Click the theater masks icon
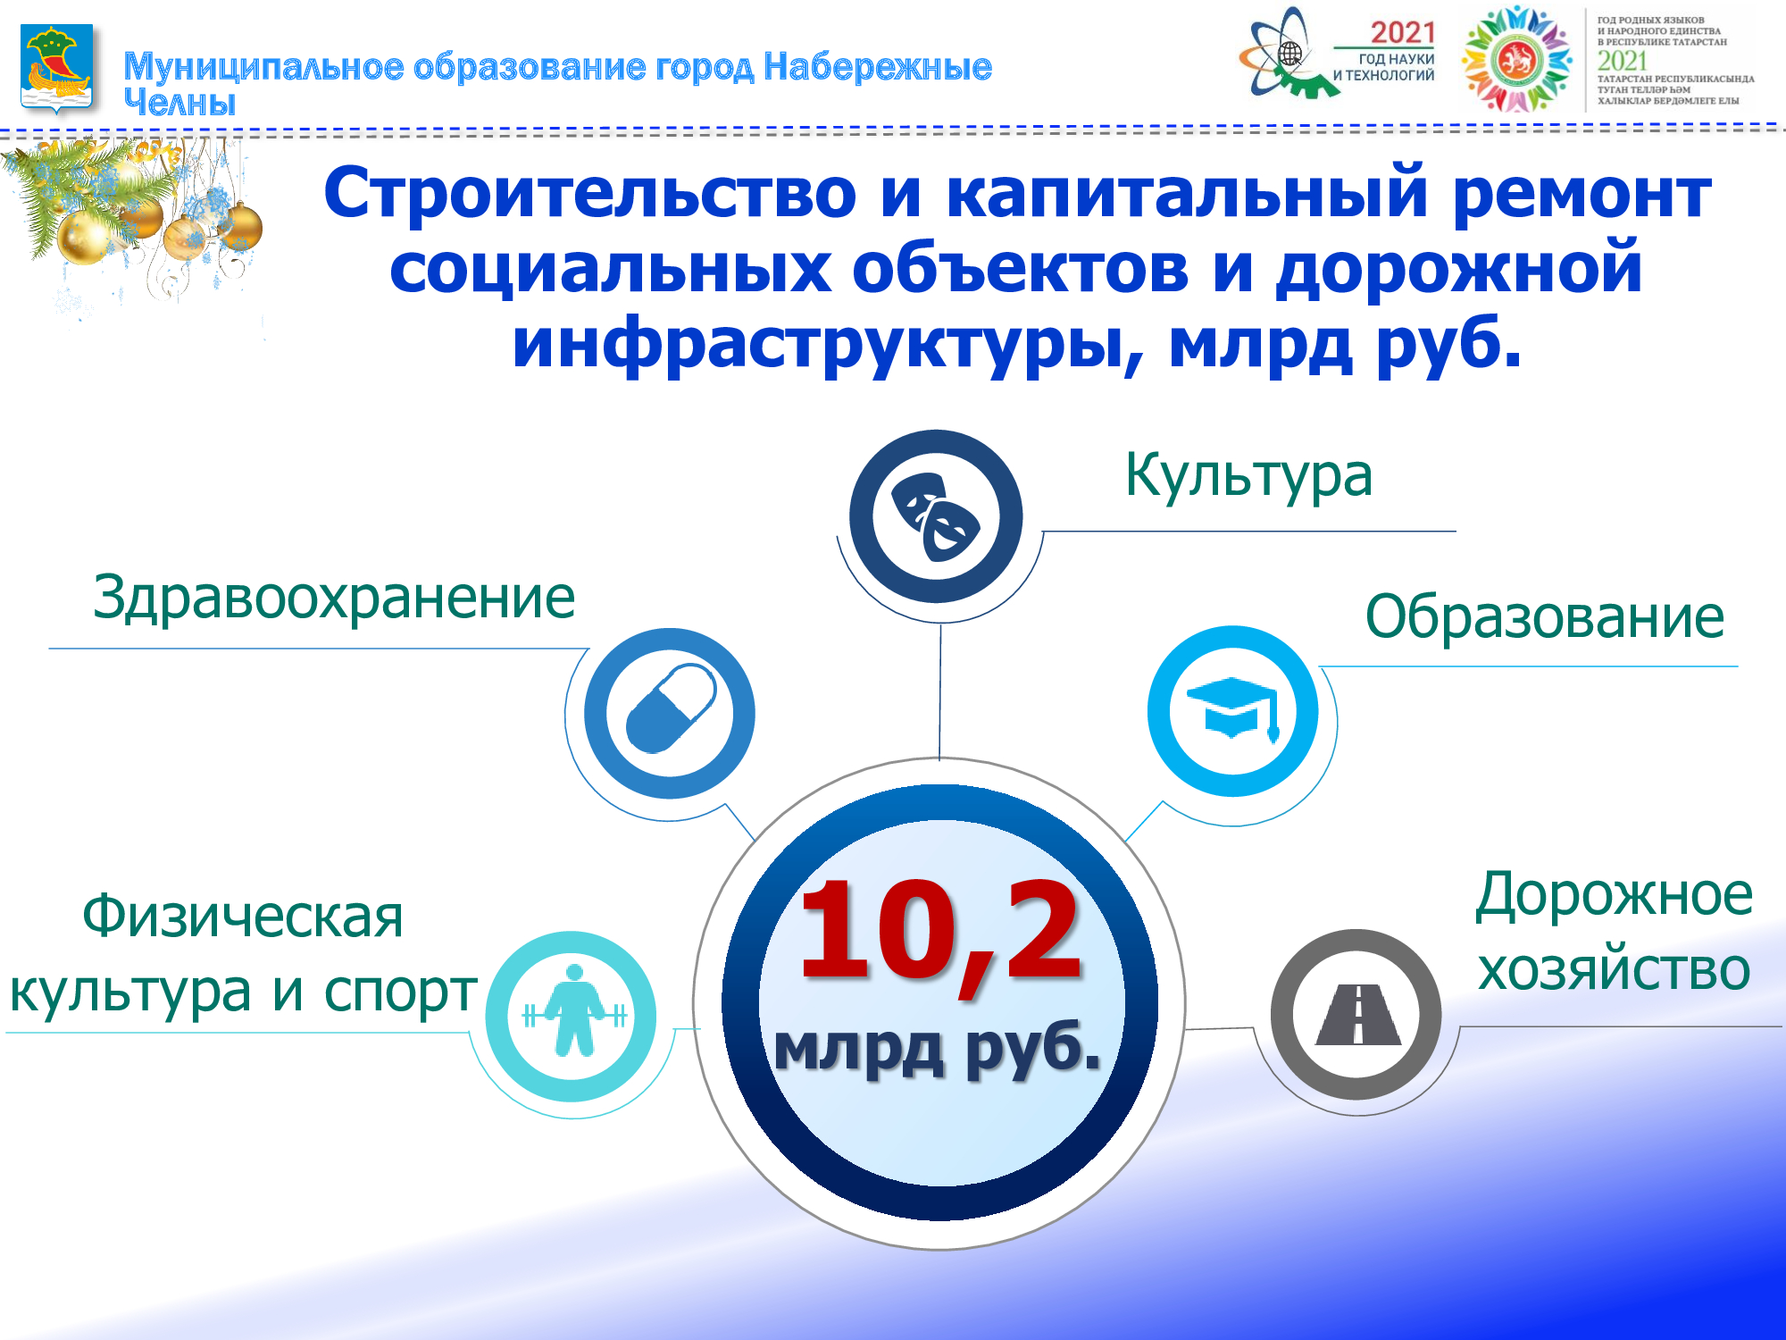pyautogui.click(x=936, y=517)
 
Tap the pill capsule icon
pyautogui.click(x=672, y=708)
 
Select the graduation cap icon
pyautogui.click(x=1233, y=708)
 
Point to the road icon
pyautogui.click(x=1357, y=1014)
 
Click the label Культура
pyautogui.click(x=1248, y=475)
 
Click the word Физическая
pyautogui.click(x=243, y=917)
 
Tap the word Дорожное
pyautogui.click(x=1614, y=895)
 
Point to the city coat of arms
pyautogui.click(x=56, y=69)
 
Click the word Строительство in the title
pyautogui.click(x=590, y=193)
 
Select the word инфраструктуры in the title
pyautogui.click(x=827, y=347)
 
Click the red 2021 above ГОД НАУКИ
pyautogui.click(x=1403, y=33)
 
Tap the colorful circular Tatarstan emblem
pyautogui.click(x=1516, y=59)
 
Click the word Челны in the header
pyautogui.click(x=179, y=103)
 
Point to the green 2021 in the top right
pyautogui.click(x=1622, y=61)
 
